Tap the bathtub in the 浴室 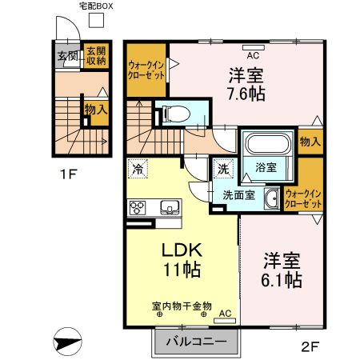(x=268, y=143)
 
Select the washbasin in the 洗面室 (x=271, y=198)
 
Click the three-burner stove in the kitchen (x=137, y=208)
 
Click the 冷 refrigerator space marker (x=138, y=169)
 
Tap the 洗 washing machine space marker (x=223, y=169)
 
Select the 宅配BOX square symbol (x=96, y=20)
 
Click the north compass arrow (x=67, y=342)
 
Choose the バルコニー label (x=197, y=342)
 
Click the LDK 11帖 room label (x=182, y=260)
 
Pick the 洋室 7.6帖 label (x=246, y=85)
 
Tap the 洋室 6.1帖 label (x=282, y=270)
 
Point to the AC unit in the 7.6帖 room (x=254, y=48)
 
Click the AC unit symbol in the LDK (x=225, y=321)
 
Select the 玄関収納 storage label (x=96, y=56)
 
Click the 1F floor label (x=69, y=174)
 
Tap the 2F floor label (x=310, y=346)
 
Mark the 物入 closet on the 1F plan (x=96, y=110)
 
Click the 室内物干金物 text (x=182, y=306)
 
